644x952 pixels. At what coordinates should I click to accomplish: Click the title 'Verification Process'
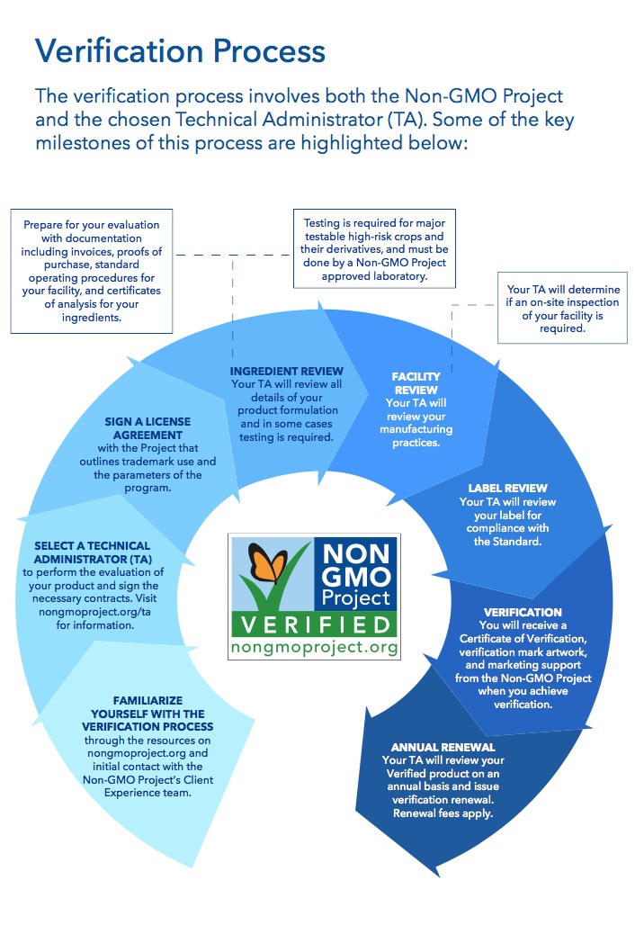point(180,50)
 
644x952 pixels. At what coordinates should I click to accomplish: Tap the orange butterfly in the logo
point(268,562)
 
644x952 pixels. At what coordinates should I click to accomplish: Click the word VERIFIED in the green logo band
point(315,624)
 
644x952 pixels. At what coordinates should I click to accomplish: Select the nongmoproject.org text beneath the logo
point(315,647)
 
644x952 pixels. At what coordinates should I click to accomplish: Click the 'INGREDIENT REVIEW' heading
point(287,371)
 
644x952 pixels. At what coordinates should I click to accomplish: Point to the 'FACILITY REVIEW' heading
point(416,383)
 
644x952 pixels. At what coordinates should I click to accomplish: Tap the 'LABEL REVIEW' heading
point(507,488)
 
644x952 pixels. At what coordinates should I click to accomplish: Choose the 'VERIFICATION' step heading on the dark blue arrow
point(523,612)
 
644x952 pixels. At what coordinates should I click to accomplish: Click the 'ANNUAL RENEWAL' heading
point(443,748)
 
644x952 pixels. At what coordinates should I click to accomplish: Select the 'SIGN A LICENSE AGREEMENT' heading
point(148,428)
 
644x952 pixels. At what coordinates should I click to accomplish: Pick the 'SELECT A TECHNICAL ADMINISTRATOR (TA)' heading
point(93,552)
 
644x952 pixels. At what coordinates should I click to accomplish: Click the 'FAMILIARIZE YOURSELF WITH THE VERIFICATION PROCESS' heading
point(148,714)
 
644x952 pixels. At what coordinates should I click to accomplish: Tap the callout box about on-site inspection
point(562,308)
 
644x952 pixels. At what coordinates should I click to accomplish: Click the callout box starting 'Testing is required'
point(374,249)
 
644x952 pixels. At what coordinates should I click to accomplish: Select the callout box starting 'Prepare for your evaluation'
point(92,271)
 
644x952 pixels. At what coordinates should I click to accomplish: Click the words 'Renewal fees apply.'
point(443,813)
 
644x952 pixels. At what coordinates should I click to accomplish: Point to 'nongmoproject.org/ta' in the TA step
point(94,612)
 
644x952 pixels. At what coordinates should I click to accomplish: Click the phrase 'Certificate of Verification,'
point(523,639)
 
